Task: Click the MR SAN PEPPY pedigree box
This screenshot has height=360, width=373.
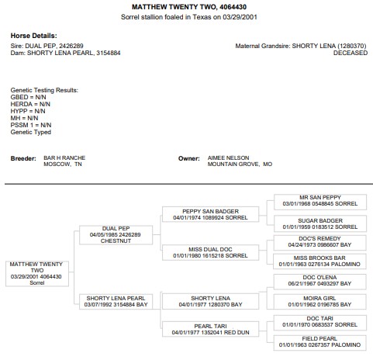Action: pos(320,202)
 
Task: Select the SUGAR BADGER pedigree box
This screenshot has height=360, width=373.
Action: pos(320,223)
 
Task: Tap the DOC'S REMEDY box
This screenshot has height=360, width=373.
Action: pos(319,243)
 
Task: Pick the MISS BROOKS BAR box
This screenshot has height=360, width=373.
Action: pos(319,261)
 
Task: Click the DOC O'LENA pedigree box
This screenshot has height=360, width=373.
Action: pos(319,282)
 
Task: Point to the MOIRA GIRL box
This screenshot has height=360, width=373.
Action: pos(319,302)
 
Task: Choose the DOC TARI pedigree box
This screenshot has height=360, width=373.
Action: pos(319,323)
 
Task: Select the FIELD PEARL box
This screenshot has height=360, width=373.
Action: pos(319,343)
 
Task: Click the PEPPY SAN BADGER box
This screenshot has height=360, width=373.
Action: pos(210,214)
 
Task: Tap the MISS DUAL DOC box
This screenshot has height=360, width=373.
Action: pos(210,252)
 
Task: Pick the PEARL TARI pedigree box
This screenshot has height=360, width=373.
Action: pos(210,329)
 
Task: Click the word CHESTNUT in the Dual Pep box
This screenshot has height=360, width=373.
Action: pos(116,241)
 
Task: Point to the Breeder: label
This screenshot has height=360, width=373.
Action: pos(23,158)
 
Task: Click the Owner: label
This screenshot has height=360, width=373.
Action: pos(189,158)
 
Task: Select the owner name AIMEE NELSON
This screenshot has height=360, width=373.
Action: pos(229,157)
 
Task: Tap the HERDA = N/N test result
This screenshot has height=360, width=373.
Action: pos(30,104)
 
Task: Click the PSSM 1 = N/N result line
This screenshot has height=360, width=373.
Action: pos(31,125)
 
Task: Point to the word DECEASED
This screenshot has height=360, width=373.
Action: pos(351,53)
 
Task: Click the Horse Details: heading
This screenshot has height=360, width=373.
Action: pos(33,36)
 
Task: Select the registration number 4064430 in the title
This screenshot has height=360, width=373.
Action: pos(233,7)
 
